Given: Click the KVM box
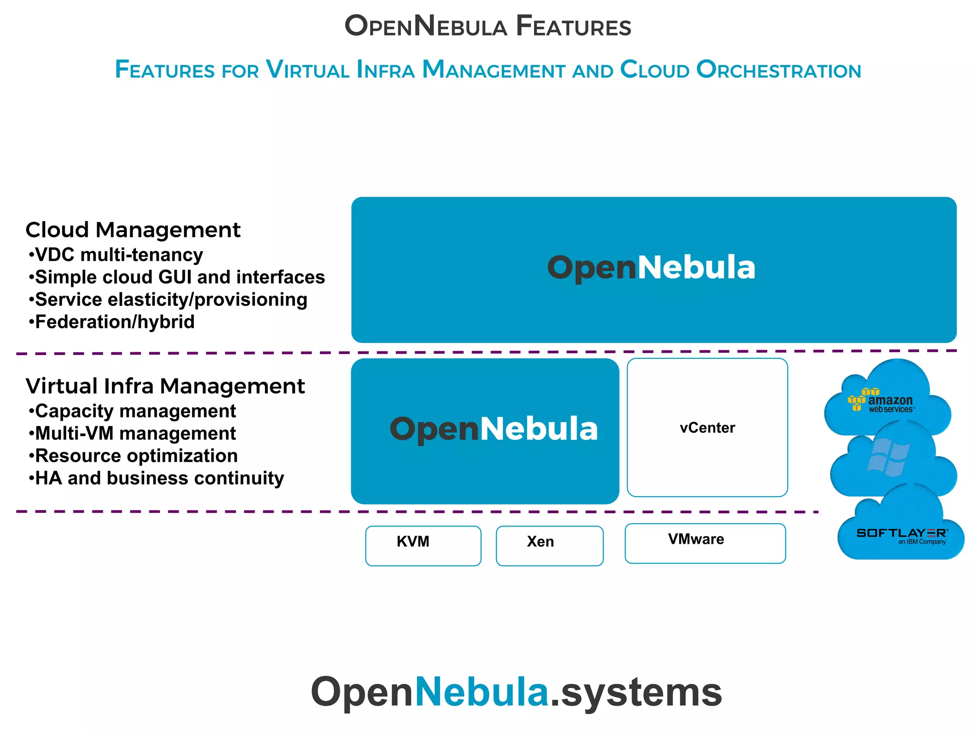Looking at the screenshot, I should (x=423, y=546).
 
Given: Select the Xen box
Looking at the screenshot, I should (x=549, y=546).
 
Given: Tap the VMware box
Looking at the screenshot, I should (x=705, y=543).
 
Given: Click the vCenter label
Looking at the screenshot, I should (x=707, y=428).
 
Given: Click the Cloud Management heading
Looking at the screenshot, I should (x=133, y=230).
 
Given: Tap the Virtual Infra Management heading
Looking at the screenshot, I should (x=165, y=386).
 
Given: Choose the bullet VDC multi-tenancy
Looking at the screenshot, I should (x=116, y=255).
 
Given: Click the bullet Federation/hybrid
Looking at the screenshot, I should (x=112, y=322).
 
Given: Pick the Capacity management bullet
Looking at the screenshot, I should (x=132, y=411).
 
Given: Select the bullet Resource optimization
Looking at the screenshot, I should (x=133, y=456).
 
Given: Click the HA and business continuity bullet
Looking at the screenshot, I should (x=156, y=478).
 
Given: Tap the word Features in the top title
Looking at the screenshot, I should (x=573, y=26).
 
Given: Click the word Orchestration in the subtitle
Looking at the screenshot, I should (x=778, y=70).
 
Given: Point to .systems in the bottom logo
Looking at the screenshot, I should (x=636, y=692).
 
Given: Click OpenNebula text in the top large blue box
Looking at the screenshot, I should (x=651, y=267).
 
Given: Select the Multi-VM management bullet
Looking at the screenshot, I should (x=132, y=434).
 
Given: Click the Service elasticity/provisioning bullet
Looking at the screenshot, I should (x=168, y=300).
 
